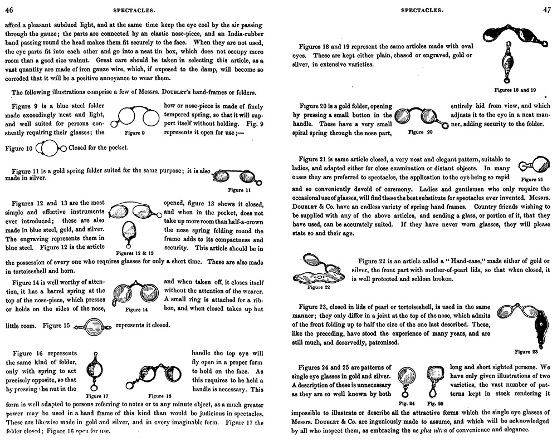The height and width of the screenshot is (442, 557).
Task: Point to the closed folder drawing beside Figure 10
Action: click(x=51, y=149)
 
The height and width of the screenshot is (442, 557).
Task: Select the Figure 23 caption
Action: click(x=526, y=351)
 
